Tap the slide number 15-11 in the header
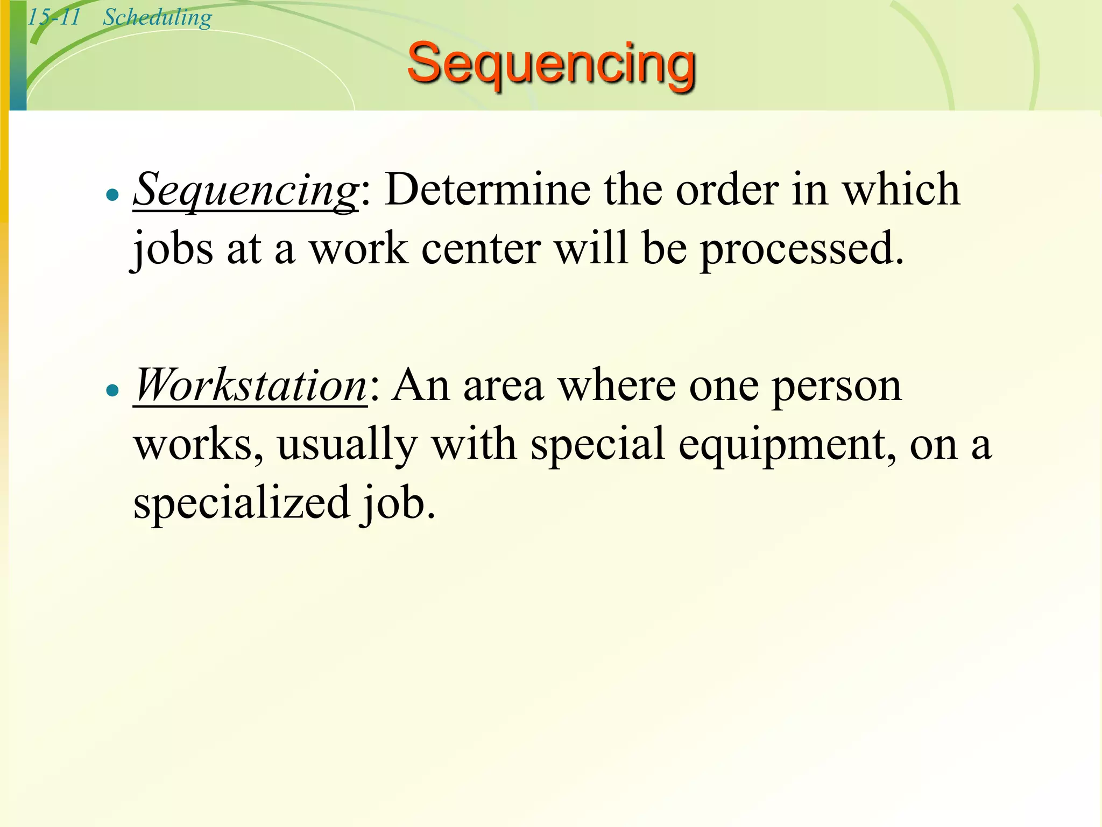54,17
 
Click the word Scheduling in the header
157,17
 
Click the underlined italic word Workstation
250,386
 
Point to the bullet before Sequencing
112,195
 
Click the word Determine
488,190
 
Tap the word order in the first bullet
727,190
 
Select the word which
901,190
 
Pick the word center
481,249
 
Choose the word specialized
242,503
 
